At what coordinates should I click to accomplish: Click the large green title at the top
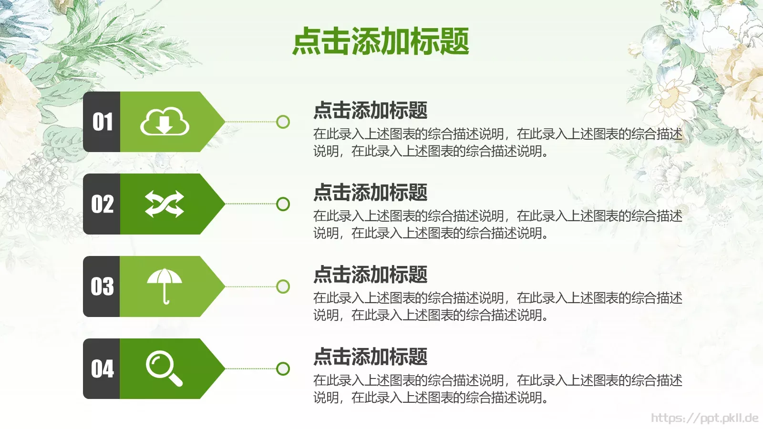point(381,41)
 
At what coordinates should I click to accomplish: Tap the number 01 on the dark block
point(103,122)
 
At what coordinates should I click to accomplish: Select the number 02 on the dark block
point(103,204)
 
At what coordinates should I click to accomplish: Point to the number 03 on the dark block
point(103,286)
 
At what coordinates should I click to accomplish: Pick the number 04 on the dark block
point(103,368)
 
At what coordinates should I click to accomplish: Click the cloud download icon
point(165,122)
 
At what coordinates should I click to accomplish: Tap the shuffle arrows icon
point(165,204)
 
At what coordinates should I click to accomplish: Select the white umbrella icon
point(165,286)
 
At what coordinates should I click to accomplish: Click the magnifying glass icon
point(164,368)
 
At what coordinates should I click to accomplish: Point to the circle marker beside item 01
point(283,122)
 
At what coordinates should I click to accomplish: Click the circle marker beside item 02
point(283,204)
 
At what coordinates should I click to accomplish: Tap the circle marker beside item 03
point(283,286)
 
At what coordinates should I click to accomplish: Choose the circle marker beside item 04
point(283,368)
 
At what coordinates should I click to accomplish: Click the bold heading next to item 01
point(370,110)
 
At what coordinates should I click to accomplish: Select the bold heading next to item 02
point(370,193)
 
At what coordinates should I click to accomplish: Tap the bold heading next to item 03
point(370,275)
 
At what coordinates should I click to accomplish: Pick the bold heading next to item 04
point(370,357)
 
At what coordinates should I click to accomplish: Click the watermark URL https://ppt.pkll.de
point(704,418)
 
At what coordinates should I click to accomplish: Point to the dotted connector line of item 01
point(250,122)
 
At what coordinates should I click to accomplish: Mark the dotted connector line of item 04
point(250,368)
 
